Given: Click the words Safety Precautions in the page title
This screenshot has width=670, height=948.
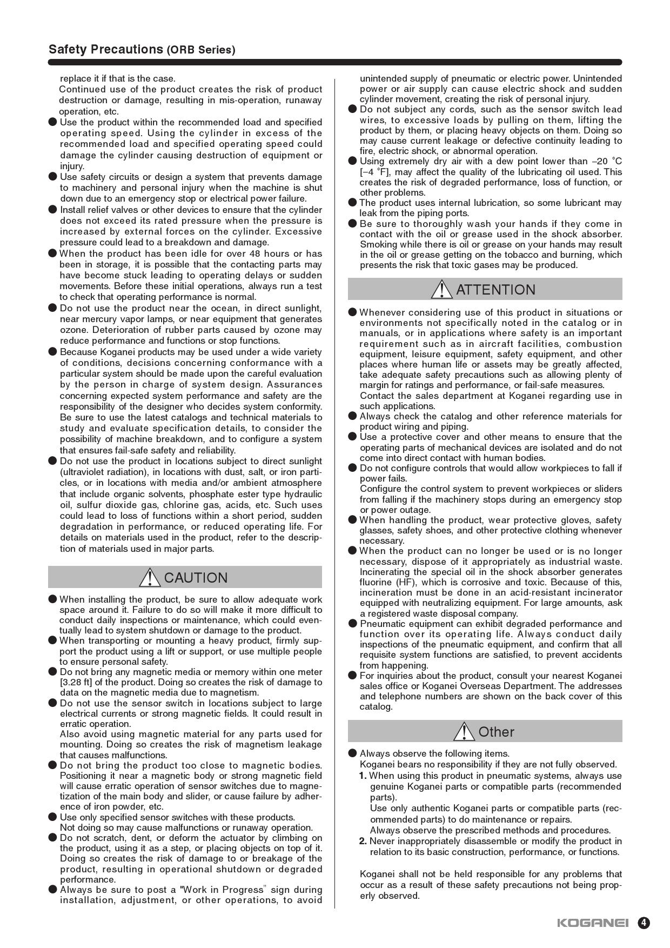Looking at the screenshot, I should pyautogui.click(x=105, y=49).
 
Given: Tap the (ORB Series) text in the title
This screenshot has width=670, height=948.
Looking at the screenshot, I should pyautogui.click(x=201, y=50).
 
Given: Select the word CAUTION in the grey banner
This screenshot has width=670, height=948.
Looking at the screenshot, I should pyautogui.click(x=196, y=578).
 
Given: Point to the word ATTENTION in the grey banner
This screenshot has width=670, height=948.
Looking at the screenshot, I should pyautogui.click(x=495, y=290).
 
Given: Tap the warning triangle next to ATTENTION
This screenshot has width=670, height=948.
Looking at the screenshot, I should pyautogui.click(x=441, y=290).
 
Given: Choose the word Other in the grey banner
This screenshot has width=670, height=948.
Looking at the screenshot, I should pyautogui.click(x=496, y=732).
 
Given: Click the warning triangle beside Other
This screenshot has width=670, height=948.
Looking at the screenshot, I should pyautogui.click(x=464, y=732).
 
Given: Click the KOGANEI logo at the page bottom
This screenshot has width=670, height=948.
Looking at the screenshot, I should pyautogui.click(x=592, y=923).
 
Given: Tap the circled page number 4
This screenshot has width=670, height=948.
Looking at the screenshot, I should pyautogui.click(x=644, y=923).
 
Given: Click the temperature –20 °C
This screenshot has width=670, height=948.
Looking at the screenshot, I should pyautogui.click(x=607, y=162).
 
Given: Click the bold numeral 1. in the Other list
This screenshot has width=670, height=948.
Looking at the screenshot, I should pyautogui.click(x=363, y=776).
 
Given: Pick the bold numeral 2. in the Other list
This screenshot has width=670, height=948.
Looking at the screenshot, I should pyautogui.click(x=363, y=842).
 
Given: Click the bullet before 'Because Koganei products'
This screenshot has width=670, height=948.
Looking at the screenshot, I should pyautogui.click(x=52, y=352).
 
